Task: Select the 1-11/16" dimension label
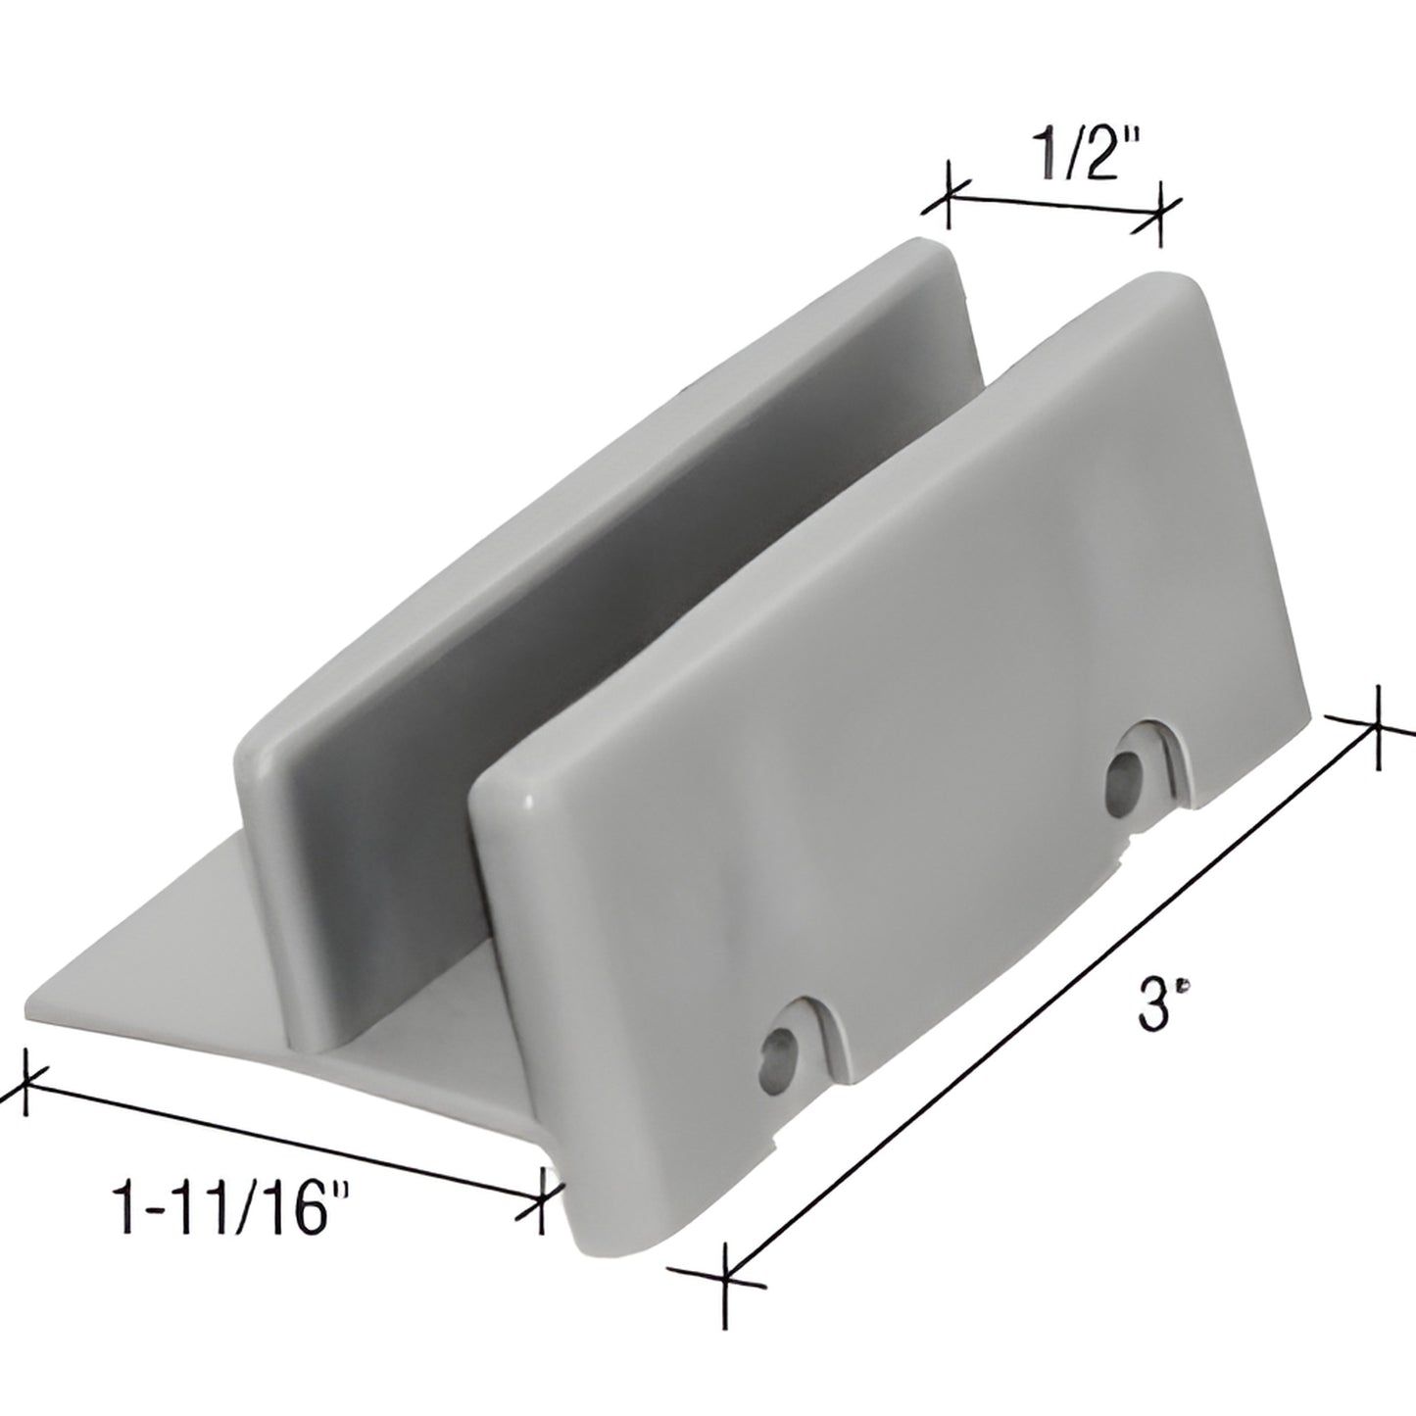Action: (231, 1206)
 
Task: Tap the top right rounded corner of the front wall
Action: (1191, 289)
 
